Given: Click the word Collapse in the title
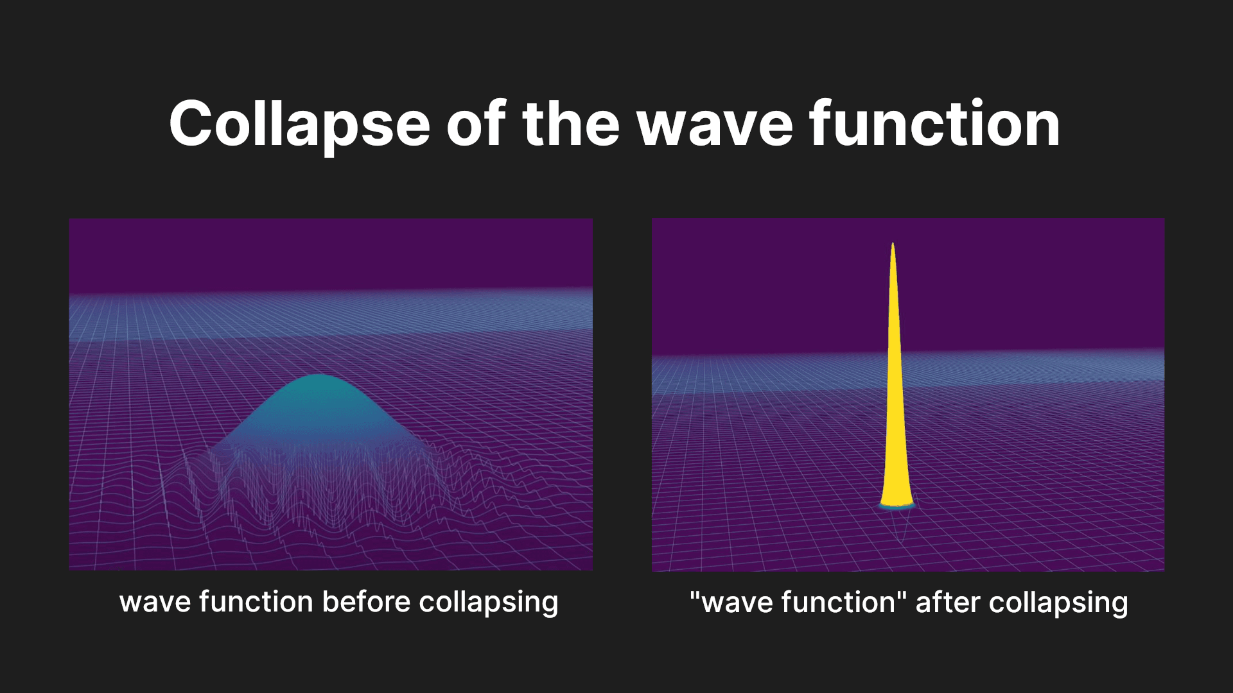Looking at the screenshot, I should (299, 124).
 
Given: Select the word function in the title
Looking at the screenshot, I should (934, 124).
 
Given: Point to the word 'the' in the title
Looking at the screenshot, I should (572, 124).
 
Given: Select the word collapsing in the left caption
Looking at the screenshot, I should (489, 602).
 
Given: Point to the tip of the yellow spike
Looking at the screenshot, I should (893, 244).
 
